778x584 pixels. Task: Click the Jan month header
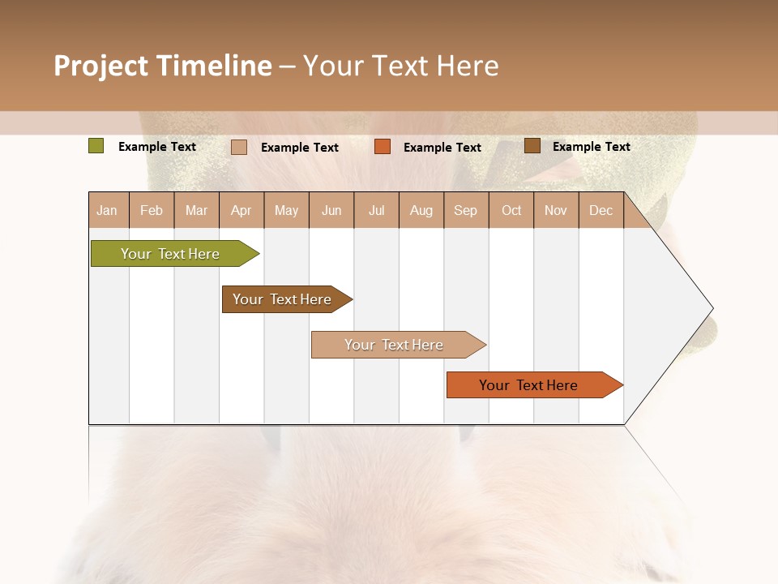pos(107,211)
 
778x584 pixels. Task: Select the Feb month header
pos(152,211)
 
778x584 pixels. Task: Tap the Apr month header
pos(242,211)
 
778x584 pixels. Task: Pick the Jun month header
pos(331,211)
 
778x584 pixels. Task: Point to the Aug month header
pos(421,211)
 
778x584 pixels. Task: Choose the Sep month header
pos(466,211)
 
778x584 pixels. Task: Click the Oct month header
pos(511,211)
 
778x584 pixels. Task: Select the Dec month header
pos(601,211)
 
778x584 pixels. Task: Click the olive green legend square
pos(96,146)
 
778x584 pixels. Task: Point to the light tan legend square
pos(239,147)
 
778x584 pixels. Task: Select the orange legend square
pos(383,147)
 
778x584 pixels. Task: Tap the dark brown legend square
pos(532,146)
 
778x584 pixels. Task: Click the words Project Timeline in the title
pos(163,66)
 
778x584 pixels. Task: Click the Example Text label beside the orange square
pos(442,148)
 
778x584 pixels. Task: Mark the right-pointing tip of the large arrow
pos(712,308)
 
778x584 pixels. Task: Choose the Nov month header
pos(556,211)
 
